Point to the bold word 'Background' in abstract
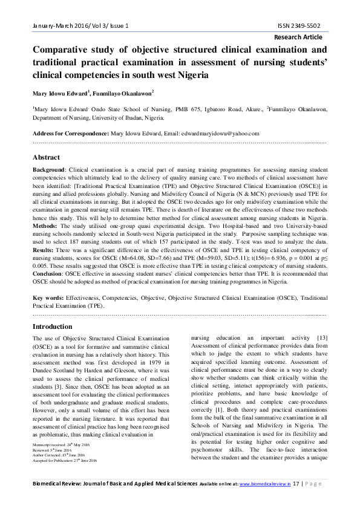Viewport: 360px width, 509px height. click(x=50, y=171)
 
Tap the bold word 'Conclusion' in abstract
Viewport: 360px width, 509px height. click(x=48, y=273)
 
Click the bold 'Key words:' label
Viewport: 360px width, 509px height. click(x=48, y=298)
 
